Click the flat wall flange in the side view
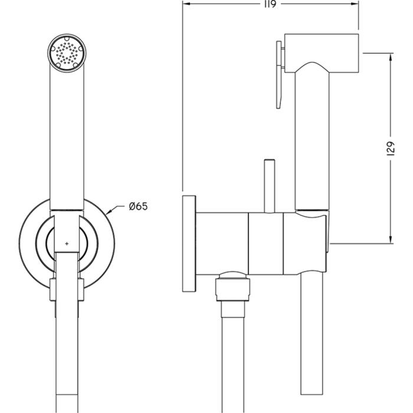[189, 242]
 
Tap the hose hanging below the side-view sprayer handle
[312, 342]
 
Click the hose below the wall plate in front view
[66, 354]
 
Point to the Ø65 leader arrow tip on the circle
[107, 212]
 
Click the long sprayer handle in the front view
[66, 136]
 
